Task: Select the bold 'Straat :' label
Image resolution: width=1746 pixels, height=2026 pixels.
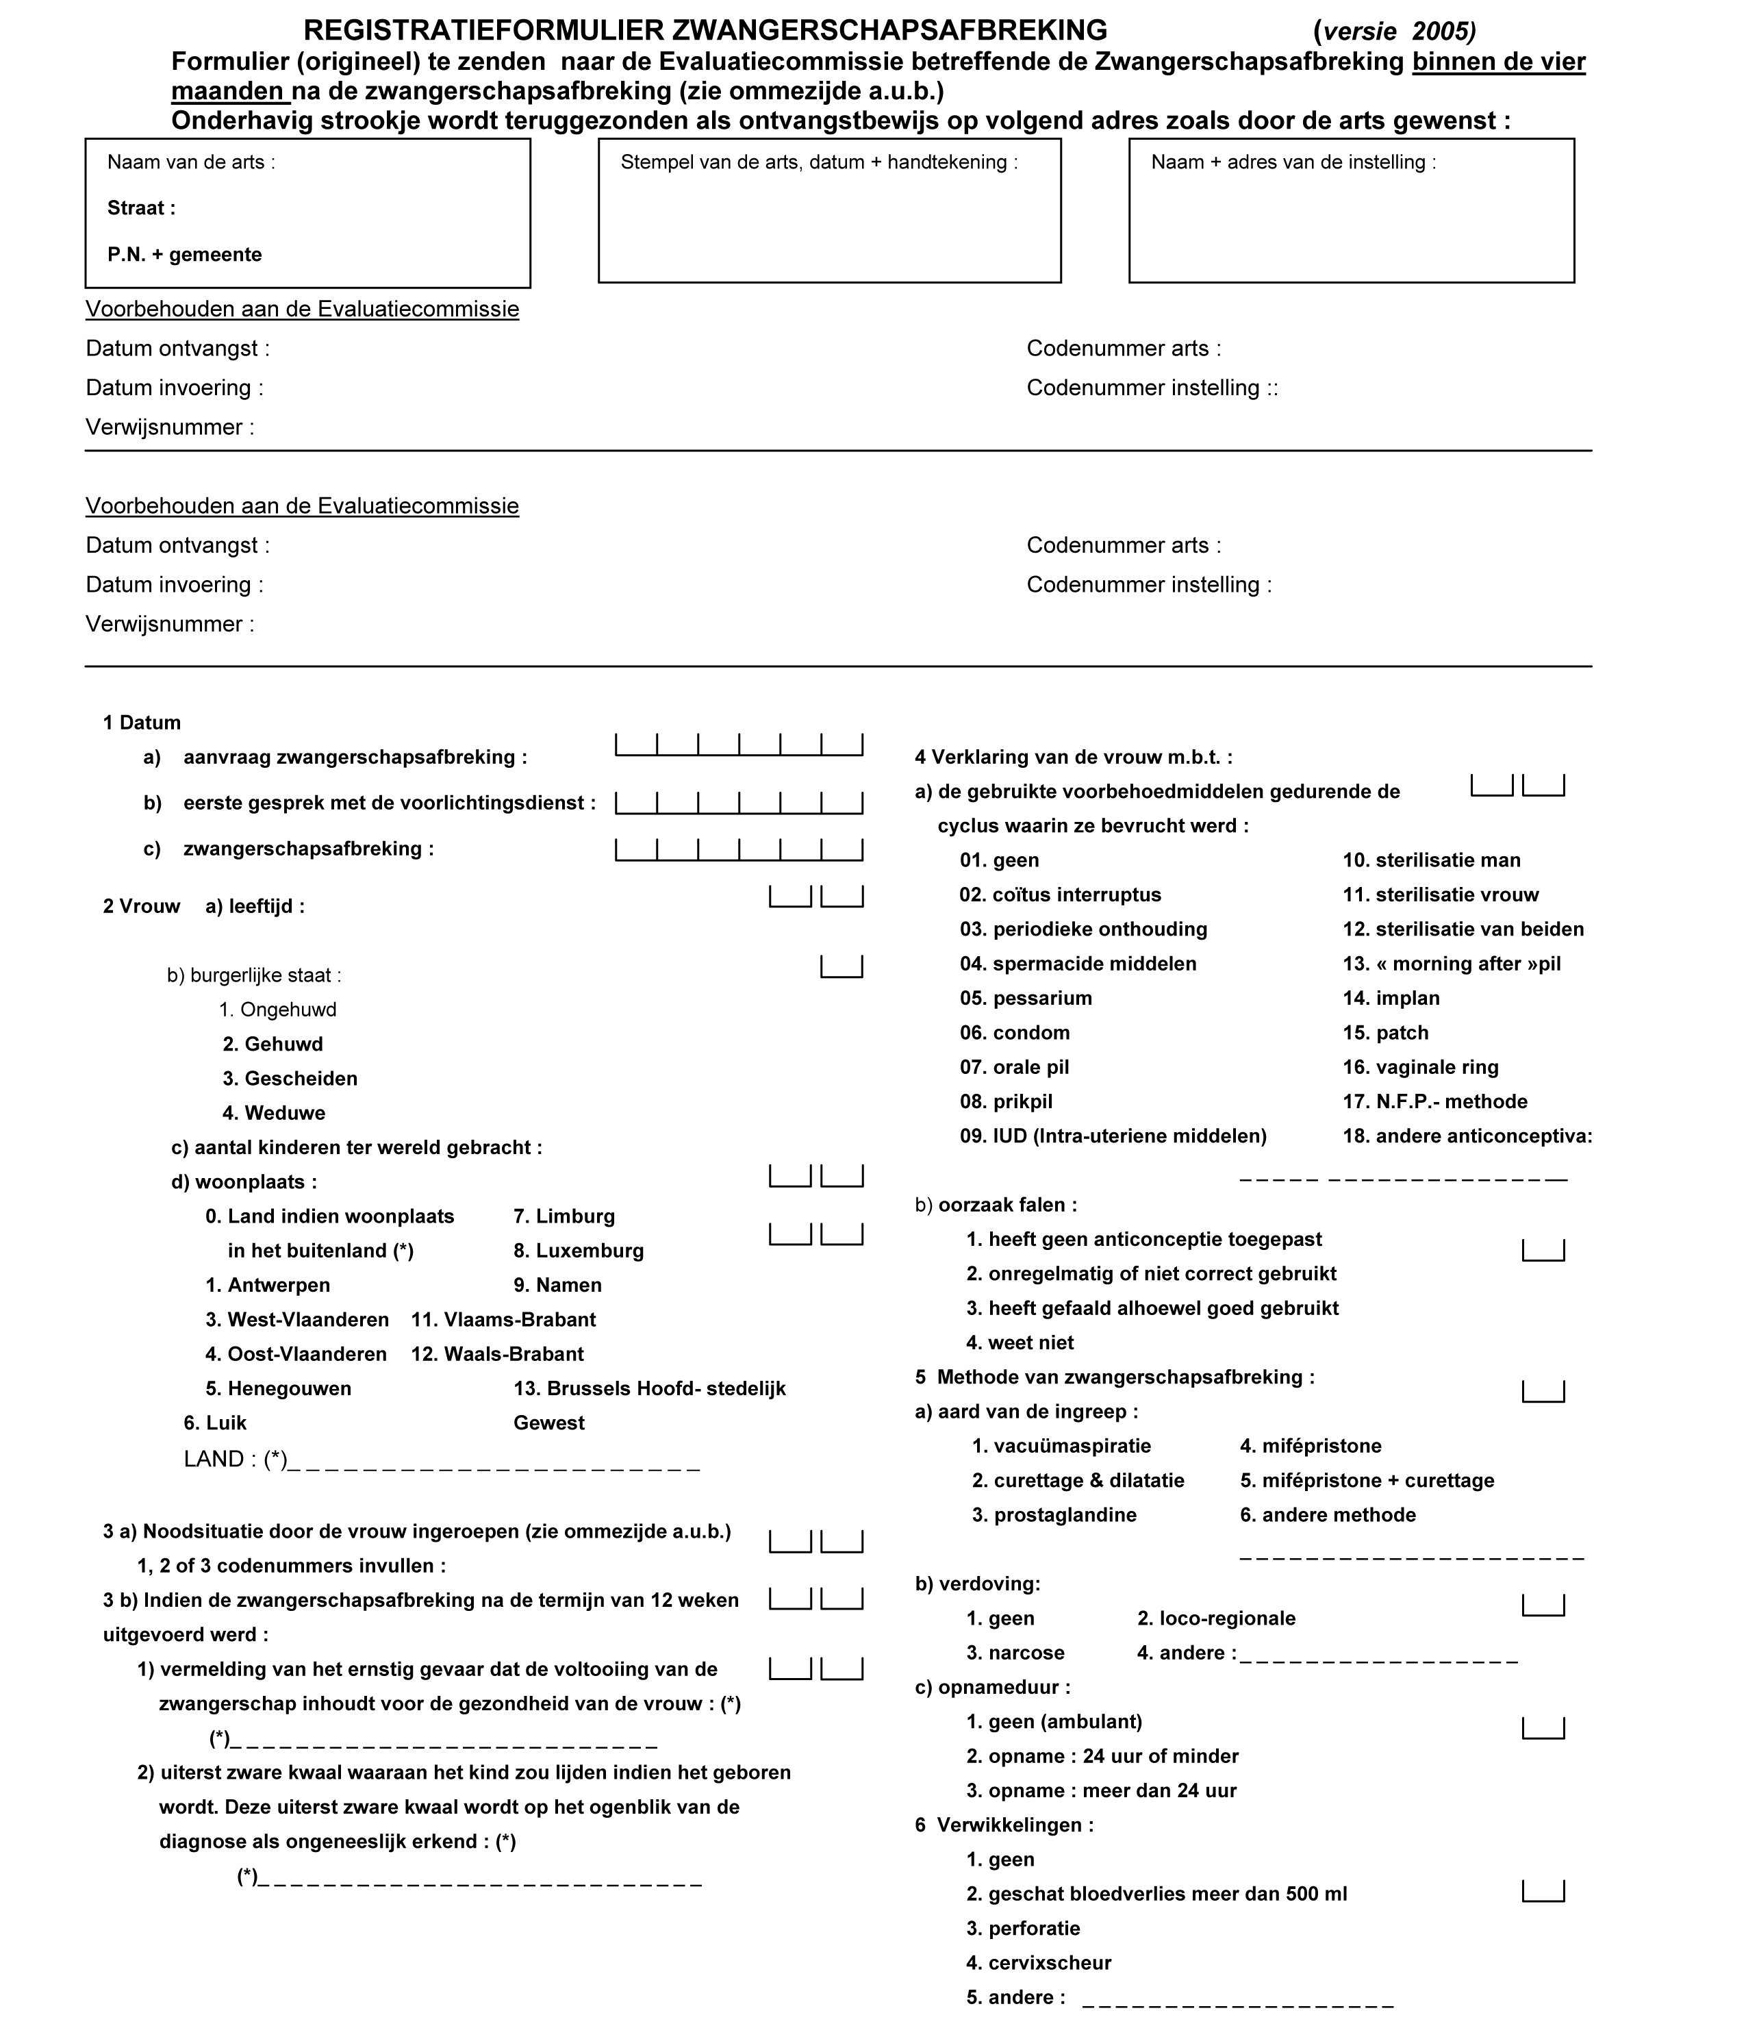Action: click(142, 208)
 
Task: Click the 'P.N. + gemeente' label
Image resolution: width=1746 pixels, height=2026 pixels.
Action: click(185, 255)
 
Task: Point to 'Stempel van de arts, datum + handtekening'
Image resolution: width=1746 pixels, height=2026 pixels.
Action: click(818, 162)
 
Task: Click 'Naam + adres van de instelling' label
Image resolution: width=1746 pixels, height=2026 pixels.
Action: click(1293, 162)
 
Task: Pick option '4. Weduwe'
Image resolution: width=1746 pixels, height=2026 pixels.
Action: click(274, 1113)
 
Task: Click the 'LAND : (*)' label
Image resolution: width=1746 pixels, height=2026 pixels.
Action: click(236, 1460)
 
